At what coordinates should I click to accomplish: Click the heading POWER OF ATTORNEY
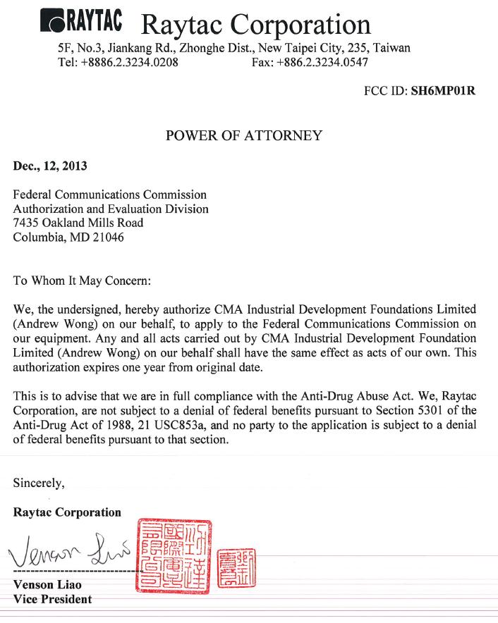pos(243,135)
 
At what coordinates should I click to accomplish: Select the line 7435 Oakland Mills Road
pos(78,223)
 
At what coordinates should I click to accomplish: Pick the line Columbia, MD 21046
pos(68,237)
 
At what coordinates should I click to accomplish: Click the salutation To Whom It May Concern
pos(82,280)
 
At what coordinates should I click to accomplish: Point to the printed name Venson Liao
pos(47,585)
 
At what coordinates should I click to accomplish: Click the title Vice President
pos(52,599)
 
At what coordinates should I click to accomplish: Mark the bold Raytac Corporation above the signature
pos(67,512)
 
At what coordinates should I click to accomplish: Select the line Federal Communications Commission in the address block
pos(110,195)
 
